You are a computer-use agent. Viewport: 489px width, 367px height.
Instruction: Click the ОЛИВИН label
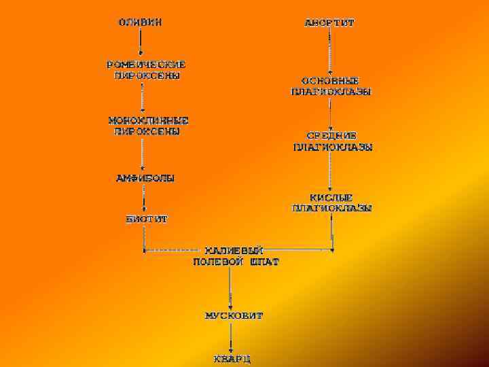tap(141, 21)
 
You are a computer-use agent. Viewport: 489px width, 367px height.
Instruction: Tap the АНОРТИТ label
tap(329, 22)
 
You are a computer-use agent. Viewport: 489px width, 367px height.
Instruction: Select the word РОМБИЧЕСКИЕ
tap(146, 65)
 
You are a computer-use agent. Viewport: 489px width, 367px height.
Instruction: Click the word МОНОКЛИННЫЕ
tap(148, 120)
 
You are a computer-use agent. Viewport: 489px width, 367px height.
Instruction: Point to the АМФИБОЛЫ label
tap(145, 179)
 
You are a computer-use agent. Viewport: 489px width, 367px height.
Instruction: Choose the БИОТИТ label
tap(146, 220)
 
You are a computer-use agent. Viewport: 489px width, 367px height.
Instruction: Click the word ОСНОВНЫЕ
tap(331, 80)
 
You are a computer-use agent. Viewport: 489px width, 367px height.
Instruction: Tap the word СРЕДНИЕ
tap(331, 135)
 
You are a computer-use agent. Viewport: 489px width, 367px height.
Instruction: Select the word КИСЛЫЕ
tap(331, 197)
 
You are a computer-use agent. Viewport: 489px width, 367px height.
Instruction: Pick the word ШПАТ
tap(264, 261)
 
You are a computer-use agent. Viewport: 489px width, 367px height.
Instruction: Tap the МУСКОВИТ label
tap(234, 316)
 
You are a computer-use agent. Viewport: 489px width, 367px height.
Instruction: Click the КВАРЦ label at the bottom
tap(232, 358)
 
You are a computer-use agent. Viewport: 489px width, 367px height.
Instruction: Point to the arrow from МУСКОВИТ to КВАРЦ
tap(232, 337)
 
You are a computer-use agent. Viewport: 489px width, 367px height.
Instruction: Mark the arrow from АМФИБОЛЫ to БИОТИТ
tap(143, 199)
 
